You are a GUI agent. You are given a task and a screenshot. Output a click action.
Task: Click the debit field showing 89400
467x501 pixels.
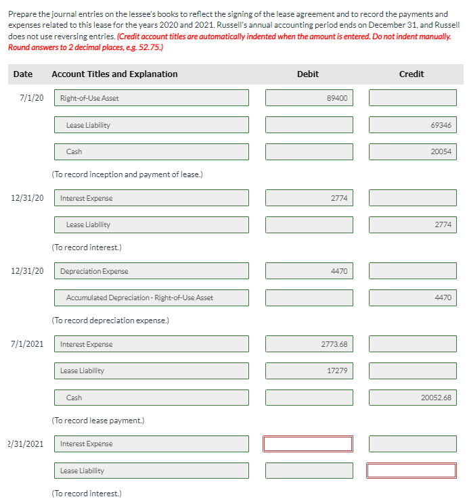[309, 98]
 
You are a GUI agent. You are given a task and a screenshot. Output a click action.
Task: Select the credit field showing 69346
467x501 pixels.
[412, 125]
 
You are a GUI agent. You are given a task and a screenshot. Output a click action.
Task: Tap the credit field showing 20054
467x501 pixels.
[412, 151]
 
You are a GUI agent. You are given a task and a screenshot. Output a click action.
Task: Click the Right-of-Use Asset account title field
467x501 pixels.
[151, 98]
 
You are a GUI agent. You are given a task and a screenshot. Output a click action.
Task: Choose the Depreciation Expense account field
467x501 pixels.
[151, 271]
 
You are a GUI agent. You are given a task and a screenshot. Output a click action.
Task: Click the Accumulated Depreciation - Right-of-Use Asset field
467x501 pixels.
[151, 297]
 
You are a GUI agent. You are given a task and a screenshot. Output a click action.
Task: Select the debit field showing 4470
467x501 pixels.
[309, 271]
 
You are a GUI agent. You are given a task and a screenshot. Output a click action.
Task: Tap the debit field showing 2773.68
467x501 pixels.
[309, 344]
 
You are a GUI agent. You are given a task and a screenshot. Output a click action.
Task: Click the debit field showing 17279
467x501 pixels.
[309, 371]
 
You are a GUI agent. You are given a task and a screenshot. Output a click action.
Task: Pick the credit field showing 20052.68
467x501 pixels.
[412, 398]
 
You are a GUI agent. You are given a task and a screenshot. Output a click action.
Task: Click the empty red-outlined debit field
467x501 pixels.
[309, 444]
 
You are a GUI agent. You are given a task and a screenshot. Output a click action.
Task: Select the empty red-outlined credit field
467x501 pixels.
[412, 471]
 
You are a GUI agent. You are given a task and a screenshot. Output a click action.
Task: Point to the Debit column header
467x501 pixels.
[308, 74]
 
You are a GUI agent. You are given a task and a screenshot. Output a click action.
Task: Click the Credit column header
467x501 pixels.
[412, 74]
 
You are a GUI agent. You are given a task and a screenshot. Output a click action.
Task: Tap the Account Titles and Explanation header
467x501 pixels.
[114, 74]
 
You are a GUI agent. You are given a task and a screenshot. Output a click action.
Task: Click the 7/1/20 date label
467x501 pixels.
[32, 98]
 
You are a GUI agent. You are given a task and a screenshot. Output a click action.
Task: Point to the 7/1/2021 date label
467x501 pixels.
[28, 344]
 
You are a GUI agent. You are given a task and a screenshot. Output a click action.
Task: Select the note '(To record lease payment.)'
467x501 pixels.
[98, 421]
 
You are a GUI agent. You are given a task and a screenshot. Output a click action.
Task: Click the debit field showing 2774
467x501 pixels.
[309, 198]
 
